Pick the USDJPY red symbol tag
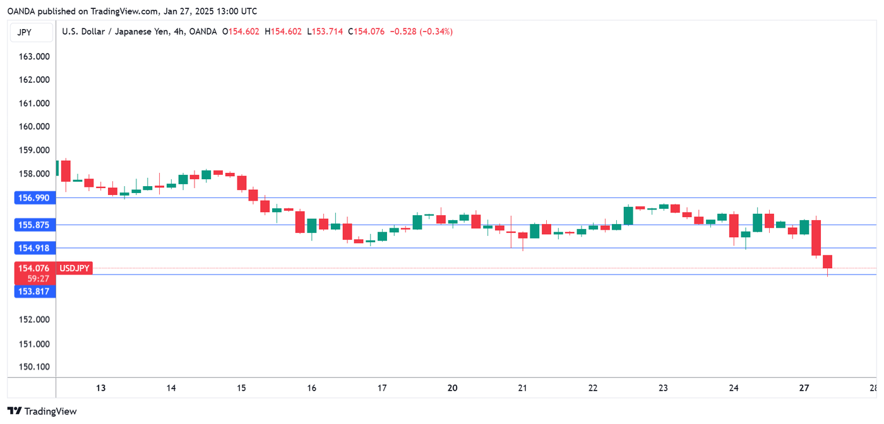tap(75, 269)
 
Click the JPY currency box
tap(25, 32)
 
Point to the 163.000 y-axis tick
tap(35, 56)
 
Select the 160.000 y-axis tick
tap(35, 126)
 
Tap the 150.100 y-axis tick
tap(35, 367)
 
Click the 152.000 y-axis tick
tap(35, 319)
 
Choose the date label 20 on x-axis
tap(452, 388)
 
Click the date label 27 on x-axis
tap(804, 388)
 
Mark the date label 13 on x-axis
tap(100, 388)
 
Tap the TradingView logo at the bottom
tap(42, 411)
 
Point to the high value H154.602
tap(284, 32)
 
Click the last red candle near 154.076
tap(827, 262)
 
